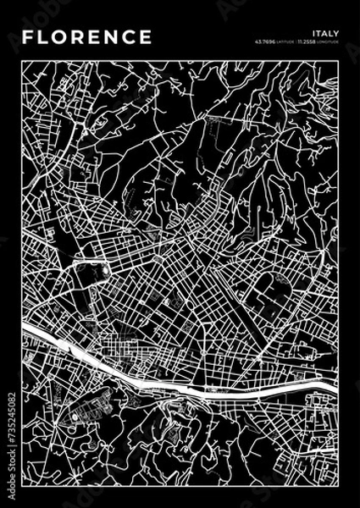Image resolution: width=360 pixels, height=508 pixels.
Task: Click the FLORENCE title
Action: [x=87, y=37]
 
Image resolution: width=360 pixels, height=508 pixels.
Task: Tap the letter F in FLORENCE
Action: [x=28, y=37]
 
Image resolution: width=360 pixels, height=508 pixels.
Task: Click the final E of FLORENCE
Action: [x=146, y=37]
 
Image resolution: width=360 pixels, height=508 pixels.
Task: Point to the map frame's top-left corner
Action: [x=23, y=60]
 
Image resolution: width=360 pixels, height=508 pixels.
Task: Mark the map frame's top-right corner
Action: [x=337, y=60]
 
